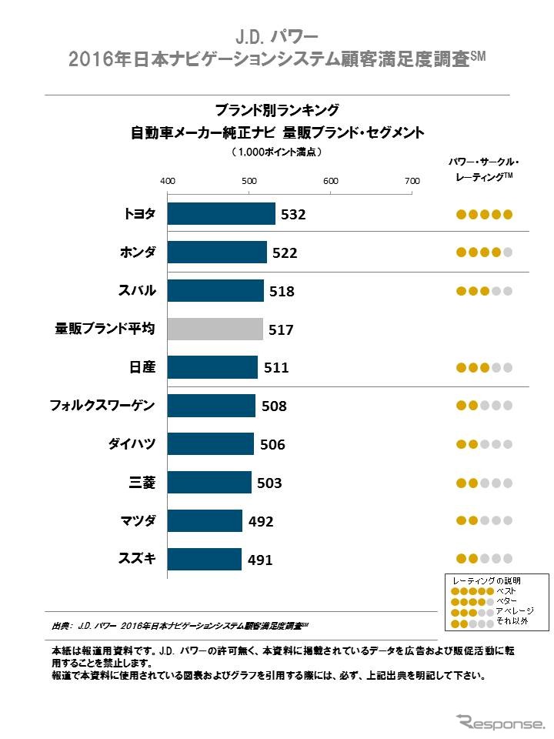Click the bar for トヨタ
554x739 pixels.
(x=221, y=214)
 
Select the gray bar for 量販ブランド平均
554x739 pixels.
(x=215, y=329)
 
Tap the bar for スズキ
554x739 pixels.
(x=205, y=560)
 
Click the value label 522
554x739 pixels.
(x=283, y=252)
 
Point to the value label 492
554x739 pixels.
(x=261, y=521)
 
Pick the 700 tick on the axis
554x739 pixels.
(x=412, y=180)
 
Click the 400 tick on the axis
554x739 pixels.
(x=167, y=180)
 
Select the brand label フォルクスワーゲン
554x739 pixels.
(x=102, y=405)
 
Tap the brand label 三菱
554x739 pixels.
(x=142, y=483)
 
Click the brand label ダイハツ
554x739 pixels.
(x=132, y=444)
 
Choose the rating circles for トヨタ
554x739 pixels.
(x=484, y=215)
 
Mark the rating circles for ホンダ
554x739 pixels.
(x=484, y=252)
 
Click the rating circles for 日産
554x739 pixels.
(x=484, y=368)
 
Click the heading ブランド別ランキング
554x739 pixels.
(x=276, y=109)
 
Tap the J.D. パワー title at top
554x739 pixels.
(x=276, y=36)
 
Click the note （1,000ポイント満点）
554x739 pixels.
(x=276, y=152)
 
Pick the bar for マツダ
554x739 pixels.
(x=205, y=521)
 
